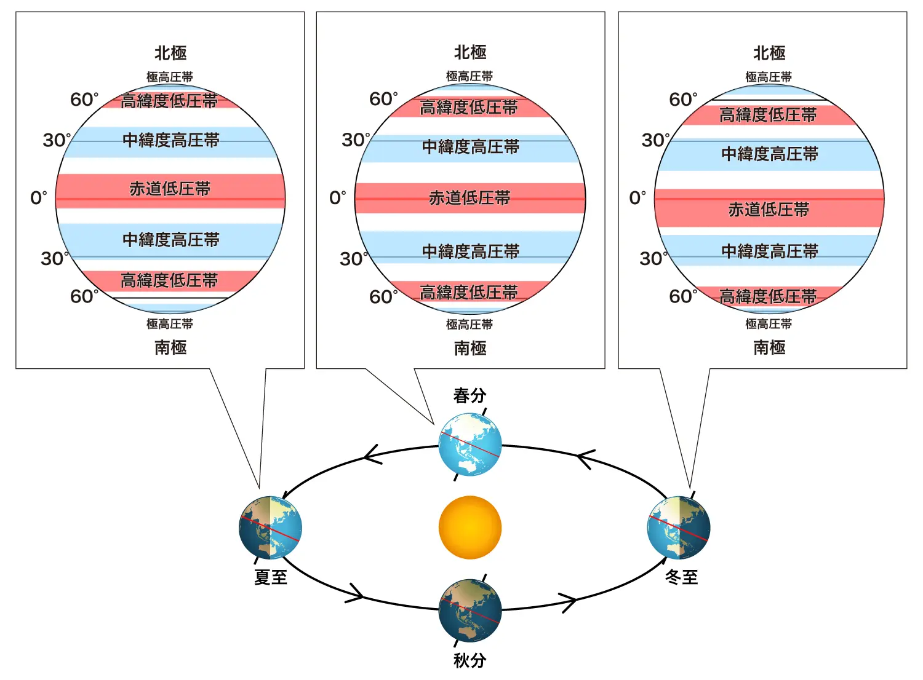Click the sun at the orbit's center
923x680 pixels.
470,528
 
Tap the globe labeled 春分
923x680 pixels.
470,445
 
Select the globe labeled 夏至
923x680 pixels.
270,528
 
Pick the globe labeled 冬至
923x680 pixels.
679,528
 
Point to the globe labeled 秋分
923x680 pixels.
470,610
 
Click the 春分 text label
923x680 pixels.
469,395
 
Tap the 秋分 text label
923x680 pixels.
469,660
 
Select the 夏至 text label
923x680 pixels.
271,577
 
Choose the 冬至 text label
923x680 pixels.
682,577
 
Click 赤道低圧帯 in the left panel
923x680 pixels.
170,189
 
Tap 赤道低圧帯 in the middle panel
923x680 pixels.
469,198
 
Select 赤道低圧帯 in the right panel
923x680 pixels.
769,210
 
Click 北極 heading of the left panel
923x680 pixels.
170,53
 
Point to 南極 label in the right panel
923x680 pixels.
769,347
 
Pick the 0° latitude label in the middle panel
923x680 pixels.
338,198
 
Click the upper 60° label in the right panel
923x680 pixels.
683,100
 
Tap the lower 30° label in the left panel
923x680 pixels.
55,258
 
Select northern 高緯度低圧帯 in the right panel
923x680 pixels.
768,115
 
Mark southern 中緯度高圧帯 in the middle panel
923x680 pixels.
471,251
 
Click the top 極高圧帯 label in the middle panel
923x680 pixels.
469,76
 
